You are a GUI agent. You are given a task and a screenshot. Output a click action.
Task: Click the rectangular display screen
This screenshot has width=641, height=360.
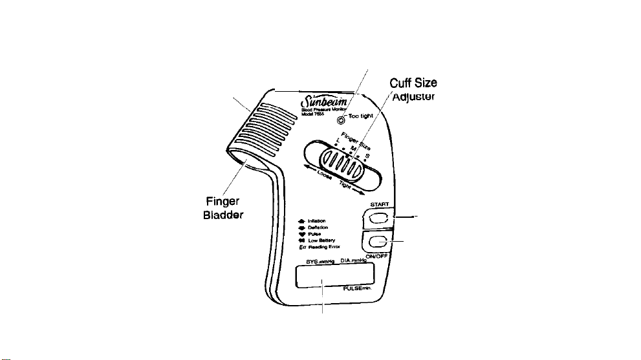coord(334,276)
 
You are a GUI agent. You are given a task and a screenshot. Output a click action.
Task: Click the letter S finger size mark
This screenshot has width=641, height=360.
coord(367,156)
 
